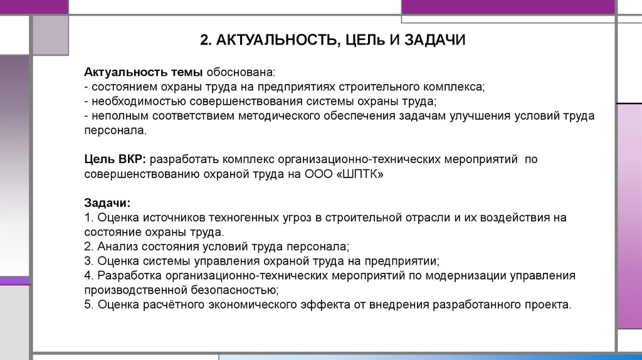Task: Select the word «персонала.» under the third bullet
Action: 115,131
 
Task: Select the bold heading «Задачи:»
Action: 107,203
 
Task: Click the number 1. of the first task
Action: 88,218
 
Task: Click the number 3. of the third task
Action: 88,262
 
